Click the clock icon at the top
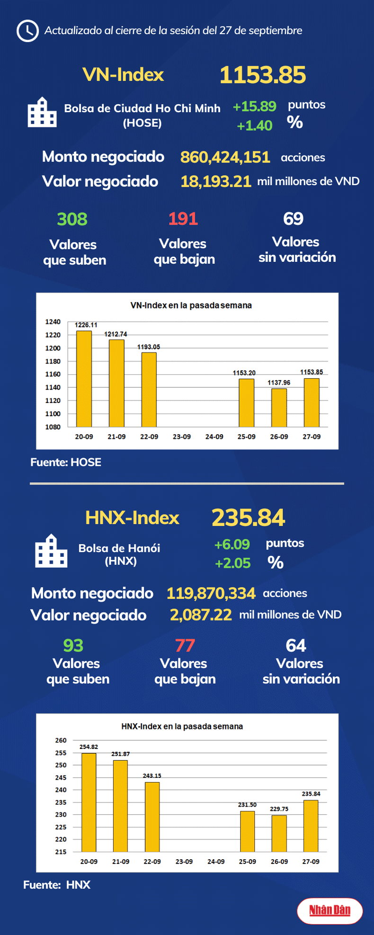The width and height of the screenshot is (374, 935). click(x=27, y=31)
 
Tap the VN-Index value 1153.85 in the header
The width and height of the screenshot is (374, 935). click(x=263, y=75)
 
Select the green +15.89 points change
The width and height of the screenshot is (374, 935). click(x=254, y=107)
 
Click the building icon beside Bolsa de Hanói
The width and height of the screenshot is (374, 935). click(x=51, y=551)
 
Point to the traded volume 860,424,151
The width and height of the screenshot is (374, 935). click(x=225, y=157)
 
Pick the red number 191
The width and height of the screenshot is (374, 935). click(x=183, y=219)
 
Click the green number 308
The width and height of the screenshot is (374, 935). click(x=72, y=219)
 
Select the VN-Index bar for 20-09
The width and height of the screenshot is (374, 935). click(x=84, y=379)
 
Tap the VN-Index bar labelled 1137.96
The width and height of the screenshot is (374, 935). click(x=279, y=408)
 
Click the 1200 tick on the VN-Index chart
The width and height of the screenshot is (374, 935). click(x=53, y=348)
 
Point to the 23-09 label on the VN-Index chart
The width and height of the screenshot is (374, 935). click(x=181, y=436)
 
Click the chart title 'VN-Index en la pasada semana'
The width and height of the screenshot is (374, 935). click(x=191, y=305)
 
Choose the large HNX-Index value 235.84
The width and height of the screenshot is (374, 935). click(x=248, y=517)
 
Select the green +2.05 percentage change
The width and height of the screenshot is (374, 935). click(x=232, y=563)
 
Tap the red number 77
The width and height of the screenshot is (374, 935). click(x=185, y=645)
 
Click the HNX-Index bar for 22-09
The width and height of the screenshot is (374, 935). click(x=152, y=817)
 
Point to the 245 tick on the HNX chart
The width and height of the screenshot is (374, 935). click(x=61, y=777)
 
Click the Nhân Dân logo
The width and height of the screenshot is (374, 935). click(x=329, y=910)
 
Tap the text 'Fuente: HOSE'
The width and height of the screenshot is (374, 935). click(x=66, y=463)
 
